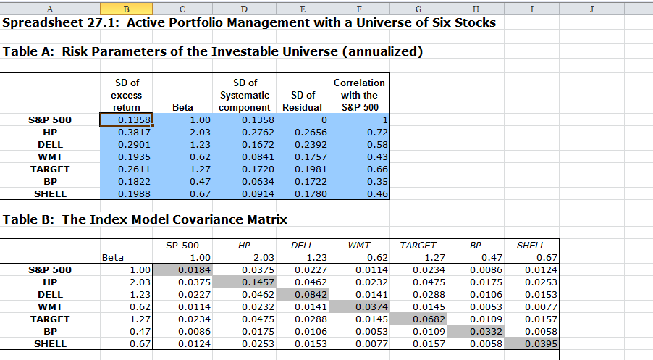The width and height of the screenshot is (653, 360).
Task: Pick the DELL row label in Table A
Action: click(50, 144)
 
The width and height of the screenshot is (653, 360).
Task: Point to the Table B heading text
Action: click(146, 219)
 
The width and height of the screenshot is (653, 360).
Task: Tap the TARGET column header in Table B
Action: click(418, 245)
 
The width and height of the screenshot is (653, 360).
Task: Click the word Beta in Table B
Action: click(113, 257)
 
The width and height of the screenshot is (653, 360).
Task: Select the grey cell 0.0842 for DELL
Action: click(303, 294)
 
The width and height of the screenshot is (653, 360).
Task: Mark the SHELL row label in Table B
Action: click(50, 343)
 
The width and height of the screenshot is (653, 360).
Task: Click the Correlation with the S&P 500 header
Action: click(359, 95)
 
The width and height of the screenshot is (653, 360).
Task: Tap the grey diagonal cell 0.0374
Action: click(361, 306)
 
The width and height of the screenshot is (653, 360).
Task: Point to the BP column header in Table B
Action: click(476, 245)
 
